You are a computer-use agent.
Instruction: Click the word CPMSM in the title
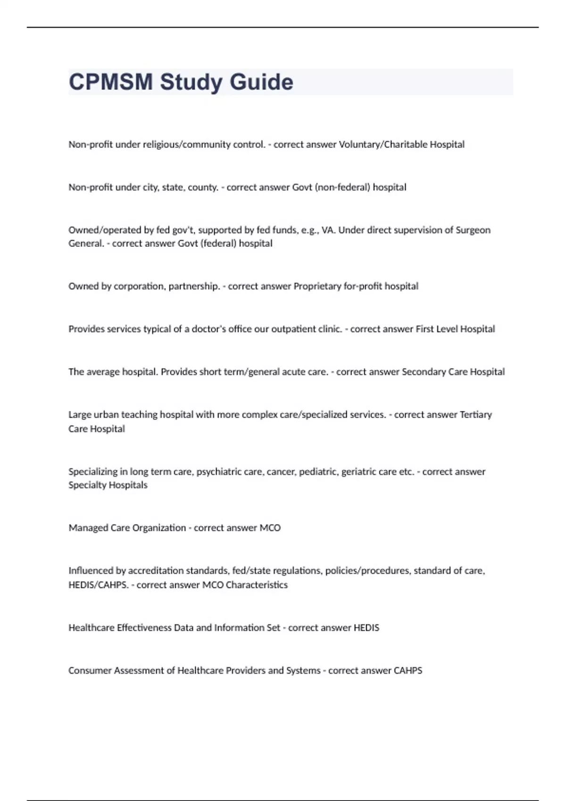[111, 82]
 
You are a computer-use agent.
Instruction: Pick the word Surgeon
[473, 230]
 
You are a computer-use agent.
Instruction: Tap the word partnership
[194, 286]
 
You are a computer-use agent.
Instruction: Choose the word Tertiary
[475, 415]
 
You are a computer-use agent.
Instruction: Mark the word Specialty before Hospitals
[88, 485]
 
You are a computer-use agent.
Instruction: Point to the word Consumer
[89, 670]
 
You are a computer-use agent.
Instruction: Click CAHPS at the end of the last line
[408, 670]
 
